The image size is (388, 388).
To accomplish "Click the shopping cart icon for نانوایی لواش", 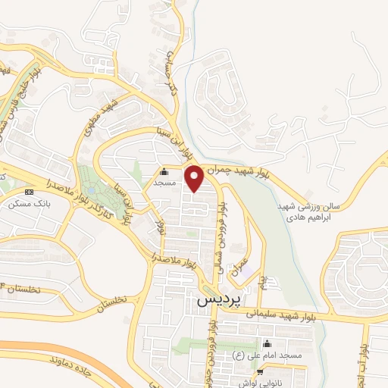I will [x=261, y=371].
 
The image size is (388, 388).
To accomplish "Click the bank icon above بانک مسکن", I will [x=29, y=192].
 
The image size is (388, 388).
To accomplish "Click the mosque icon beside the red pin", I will [x=164, y=172].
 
